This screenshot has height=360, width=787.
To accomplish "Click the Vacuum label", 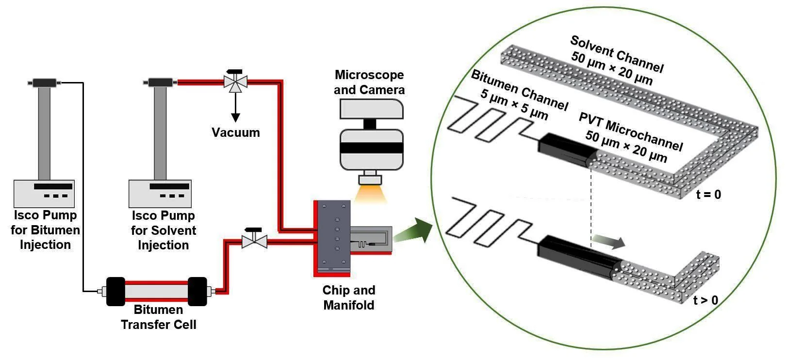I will pyautogui.click(x=235, y=132).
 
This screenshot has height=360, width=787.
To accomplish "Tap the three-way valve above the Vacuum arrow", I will pyautogui.click(x=235, y=82).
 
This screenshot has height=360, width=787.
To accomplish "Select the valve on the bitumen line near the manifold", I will pyautogui.click(x=254, y=240).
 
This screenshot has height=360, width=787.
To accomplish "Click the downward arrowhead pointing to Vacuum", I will pyautogui.click(x=235, y=117).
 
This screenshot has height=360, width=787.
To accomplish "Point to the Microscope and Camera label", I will pyautogui.click(x=369, y=82).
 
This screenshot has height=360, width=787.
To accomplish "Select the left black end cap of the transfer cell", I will pyautogui.click(x=115, y=291).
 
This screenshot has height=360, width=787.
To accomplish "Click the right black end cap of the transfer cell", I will pyautogui.click(x=197, y=291).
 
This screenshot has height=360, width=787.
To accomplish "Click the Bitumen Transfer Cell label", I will pyautogui.click(x=159, y=317).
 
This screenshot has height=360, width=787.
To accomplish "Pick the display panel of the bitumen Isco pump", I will pyautogui.click(x=53, y=186).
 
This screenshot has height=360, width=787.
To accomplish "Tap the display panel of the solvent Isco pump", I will pyautogui.click(x=169, y=186).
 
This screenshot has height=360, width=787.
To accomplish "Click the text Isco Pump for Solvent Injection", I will pyautogui.click(x=164, y=230).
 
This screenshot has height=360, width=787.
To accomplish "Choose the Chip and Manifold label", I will pyautogui.click(x=349, y=298).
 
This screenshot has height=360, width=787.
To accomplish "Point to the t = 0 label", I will pyautogui.click(x=708, y=195).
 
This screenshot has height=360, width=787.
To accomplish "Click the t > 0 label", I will pyautogui.click(x=705, y=300).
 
